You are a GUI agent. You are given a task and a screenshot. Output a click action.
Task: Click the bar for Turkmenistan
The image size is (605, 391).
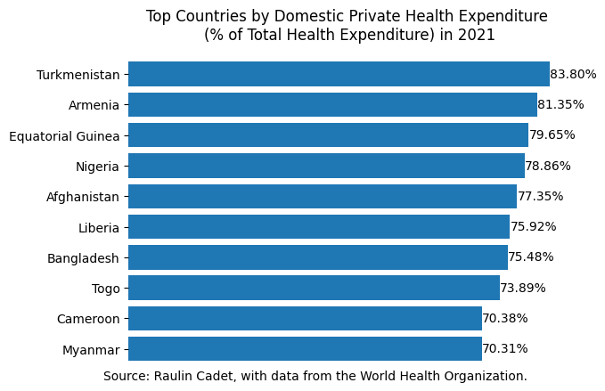pyautogui.click(x=339, y=74)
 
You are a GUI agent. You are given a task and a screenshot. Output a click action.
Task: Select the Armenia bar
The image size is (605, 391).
pyautogui.click(x=332, y=105)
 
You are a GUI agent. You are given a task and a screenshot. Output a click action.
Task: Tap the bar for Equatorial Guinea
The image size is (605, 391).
pyautogui.click(x=328, y=135)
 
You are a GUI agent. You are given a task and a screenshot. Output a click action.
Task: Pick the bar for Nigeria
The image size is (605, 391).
pyautogui.click(x=326, y=166)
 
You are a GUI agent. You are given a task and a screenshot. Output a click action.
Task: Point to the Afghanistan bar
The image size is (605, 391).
pyautogui.click(x=323, y=196)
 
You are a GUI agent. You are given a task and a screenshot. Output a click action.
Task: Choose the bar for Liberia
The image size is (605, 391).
pyautogui.click(x=319, y=226)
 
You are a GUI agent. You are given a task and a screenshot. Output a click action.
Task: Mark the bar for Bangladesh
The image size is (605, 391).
pyautogui.click(x=318, y=257)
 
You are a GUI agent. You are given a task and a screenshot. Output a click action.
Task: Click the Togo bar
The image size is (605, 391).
pyautogui.click(x=314, y=288)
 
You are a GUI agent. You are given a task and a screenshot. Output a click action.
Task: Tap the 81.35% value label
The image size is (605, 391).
pyautogui.click(x=560, y=105)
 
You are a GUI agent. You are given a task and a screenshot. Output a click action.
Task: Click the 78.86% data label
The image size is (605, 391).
pyautogui.click(x=548, y=166)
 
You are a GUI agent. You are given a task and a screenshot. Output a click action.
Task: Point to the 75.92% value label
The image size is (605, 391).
pyautogui.click(x=533, y=226)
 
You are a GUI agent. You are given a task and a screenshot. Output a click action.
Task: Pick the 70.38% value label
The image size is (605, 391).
pyautogui.click(x=505, y=318)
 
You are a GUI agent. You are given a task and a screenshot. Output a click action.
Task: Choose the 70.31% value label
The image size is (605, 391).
pyautogui.click(x=505, y=348)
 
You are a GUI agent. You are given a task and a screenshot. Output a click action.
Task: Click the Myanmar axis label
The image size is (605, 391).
pyautogui.click(x=91, y=349)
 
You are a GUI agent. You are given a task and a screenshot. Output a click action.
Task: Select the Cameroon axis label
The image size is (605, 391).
pyautogui.click(x=87, y=319)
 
